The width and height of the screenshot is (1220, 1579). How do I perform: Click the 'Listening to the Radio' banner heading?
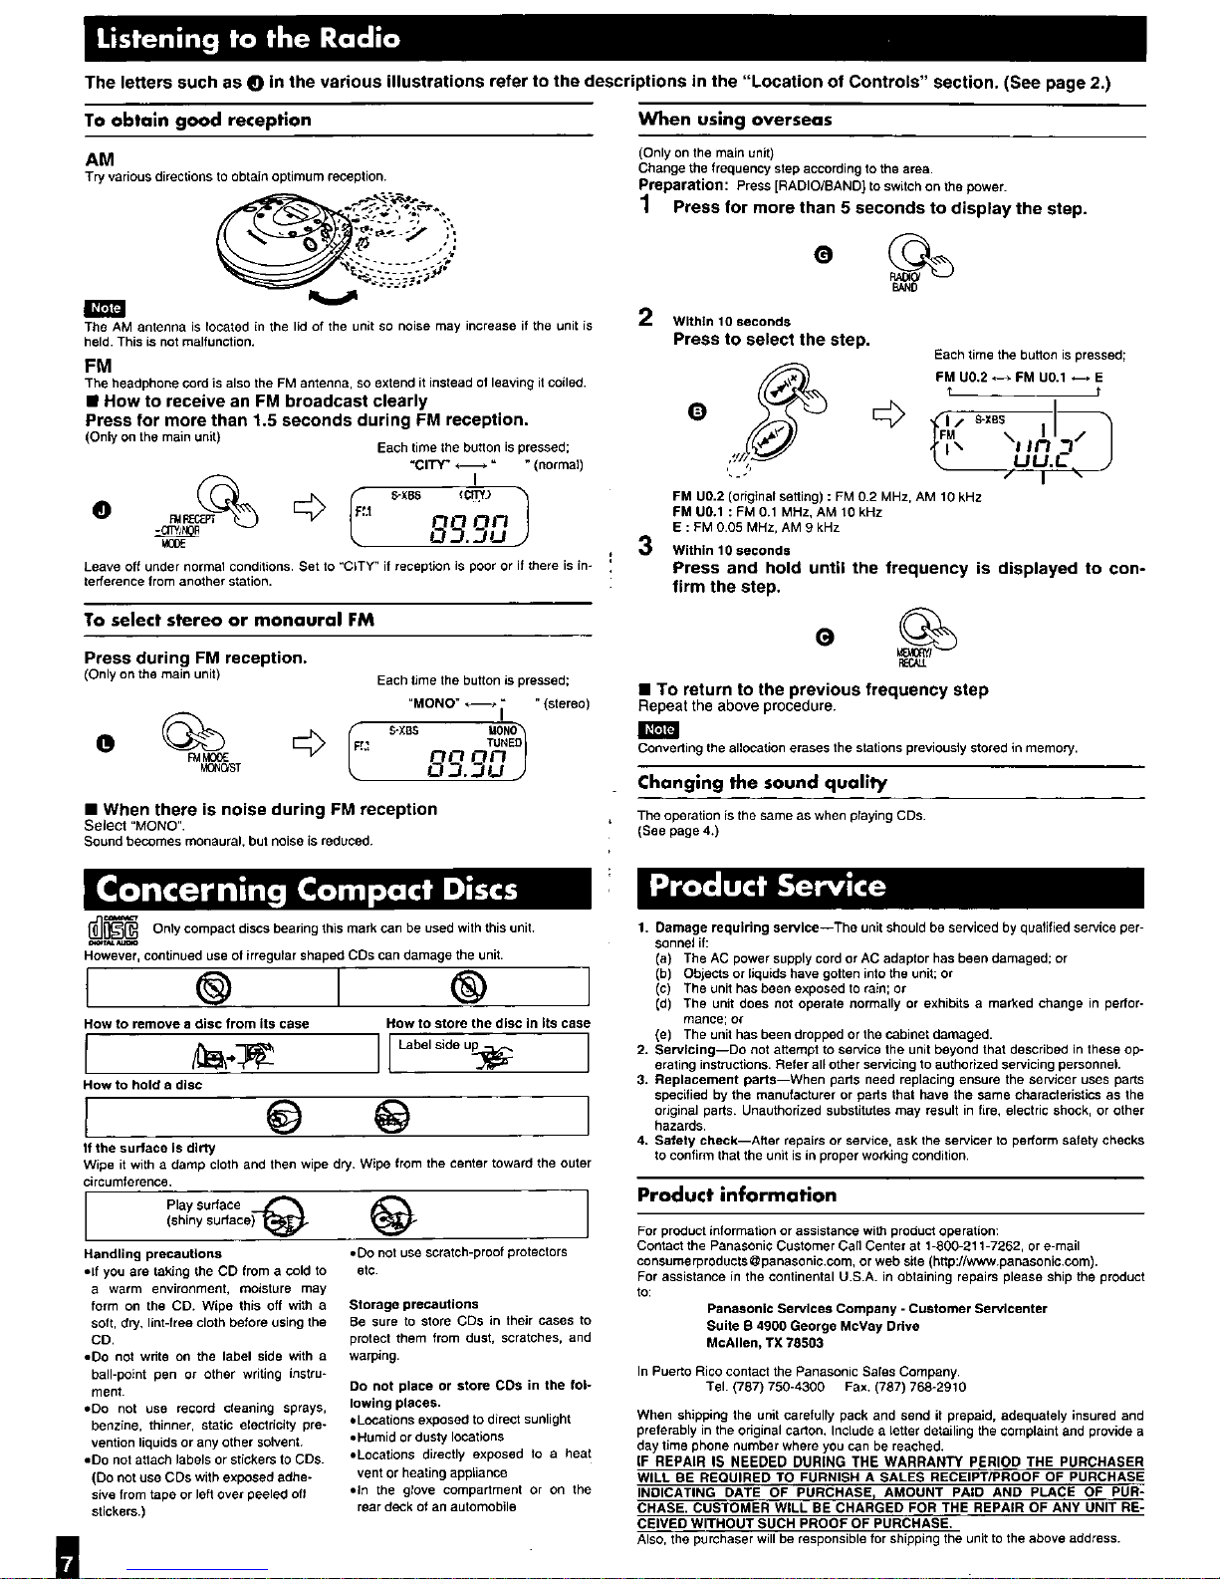249,40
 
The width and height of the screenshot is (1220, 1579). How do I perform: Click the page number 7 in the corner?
66,1562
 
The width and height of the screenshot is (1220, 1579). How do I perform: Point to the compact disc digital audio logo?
112,929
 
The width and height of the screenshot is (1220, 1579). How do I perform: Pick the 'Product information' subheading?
737,1195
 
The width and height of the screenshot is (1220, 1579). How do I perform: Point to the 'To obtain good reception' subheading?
197,120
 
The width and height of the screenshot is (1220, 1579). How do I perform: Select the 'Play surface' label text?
203,1205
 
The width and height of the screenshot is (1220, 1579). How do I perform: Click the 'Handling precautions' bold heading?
153,1253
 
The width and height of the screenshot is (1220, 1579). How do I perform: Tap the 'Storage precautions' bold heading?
413,1304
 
